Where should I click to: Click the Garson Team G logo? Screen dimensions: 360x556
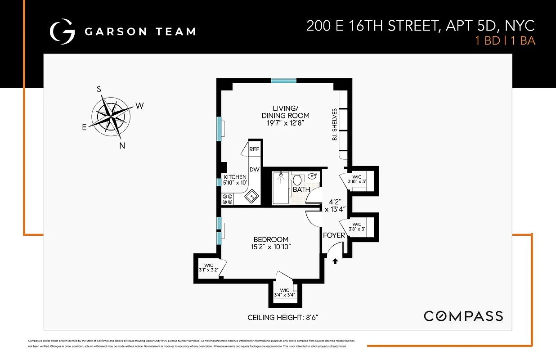(x=62, y=31)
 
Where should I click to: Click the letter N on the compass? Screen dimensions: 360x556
(x=122, y=145)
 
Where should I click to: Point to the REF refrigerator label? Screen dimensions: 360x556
(x=254, y=149)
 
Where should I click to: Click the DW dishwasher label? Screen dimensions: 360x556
(x=254, y=170)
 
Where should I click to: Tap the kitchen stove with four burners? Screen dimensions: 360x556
(x=227, y=199)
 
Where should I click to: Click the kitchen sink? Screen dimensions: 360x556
(x=251, y=196)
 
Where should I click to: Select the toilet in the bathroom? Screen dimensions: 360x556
(x=297, y=181)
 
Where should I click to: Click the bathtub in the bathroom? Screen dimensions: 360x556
(x=280, y=188)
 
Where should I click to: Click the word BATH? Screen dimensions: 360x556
(x=301, y=189)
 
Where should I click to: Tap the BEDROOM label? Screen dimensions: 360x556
(x=271, y=239)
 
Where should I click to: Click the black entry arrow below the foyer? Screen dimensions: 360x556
(x=335, y=261)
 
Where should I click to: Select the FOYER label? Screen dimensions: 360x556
(x=334, y=235)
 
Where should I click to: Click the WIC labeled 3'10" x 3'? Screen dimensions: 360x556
(x=357, y=179)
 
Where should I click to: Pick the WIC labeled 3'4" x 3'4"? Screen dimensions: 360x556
(x=284, y=293)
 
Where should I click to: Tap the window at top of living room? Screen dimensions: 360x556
(x=284, y=81)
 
